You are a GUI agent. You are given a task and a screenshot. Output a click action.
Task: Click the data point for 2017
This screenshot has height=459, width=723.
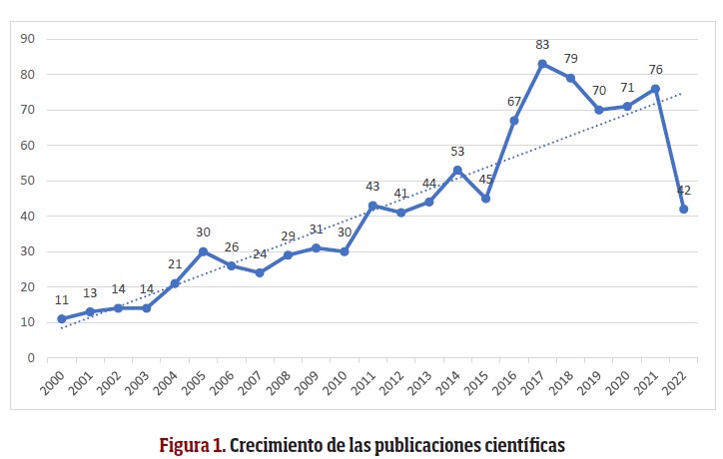click(x=542, y=64)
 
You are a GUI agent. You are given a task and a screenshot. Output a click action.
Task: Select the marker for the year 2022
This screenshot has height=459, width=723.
click(x=684, y=209)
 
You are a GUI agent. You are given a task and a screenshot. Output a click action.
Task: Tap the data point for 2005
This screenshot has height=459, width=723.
click(x=203, y=251)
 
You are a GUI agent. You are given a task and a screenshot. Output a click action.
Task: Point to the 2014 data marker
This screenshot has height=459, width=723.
click(x=457, y=170)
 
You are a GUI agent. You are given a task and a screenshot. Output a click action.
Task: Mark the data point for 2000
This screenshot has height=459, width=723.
click(x=62, y=318)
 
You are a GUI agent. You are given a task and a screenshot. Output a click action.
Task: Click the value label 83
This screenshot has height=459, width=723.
click(x=542, y=45)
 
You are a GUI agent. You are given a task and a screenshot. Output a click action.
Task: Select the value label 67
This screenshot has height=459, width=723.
click(x=514, y=102)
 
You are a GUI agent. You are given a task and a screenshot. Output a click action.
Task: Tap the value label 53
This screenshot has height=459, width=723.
click(x=457, y=152)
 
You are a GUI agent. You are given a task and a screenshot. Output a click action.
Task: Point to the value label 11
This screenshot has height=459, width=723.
click(x=62, y=299)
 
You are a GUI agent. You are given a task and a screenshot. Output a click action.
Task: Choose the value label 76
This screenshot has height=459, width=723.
click(x=655, y=69)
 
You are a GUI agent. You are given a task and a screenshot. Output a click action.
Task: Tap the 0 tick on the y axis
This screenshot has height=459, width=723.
click(x=31, y=357)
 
